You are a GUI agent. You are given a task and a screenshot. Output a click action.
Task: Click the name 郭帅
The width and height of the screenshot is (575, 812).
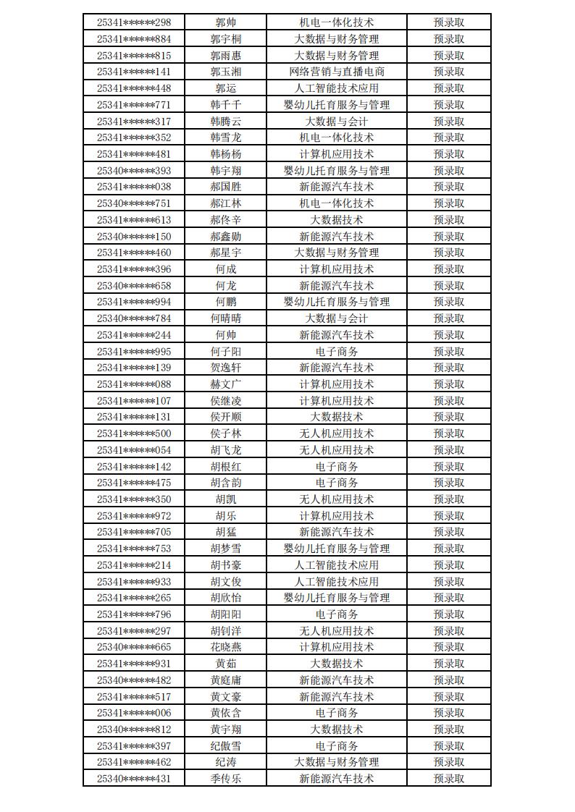[x=225, y=22]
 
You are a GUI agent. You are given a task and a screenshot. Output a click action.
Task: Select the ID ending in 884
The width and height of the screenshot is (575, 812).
[x=134, y=39]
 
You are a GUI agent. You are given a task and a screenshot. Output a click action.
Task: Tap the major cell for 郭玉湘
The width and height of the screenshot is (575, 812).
[x=336, y=72]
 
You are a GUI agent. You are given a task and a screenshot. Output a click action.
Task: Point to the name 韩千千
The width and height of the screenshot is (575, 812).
[x=225, y=105]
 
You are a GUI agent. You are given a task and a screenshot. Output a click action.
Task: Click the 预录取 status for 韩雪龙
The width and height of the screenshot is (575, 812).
[x=448, y=138]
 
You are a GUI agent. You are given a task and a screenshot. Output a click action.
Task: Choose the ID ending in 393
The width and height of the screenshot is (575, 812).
[x=134, y=171]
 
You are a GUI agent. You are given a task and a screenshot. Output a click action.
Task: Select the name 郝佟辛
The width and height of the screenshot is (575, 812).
[x=225, y=220]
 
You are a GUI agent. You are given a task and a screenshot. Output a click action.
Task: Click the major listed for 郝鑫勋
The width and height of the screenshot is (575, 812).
[x=336, y=237]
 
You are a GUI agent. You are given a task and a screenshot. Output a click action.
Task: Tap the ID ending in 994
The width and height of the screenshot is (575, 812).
[x=134, y=302]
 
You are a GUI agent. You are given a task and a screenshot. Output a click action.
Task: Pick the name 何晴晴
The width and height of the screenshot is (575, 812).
[x=225, y=318]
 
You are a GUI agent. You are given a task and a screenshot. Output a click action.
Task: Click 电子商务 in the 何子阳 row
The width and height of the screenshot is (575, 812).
[x=336, y=352]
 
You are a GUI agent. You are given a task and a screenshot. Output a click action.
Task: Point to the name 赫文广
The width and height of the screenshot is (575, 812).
[x=225, y=384]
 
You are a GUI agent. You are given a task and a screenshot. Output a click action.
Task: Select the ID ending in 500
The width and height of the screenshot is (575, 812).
[x=134, y=434]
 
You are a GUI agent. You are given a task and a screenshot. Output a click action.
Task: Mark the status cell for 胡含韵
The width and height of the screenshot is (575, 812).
[x=448, y=483]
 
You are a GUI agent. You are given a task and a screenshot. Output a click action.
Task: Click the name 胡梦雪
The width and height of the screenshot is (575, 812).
[x=225, y=549]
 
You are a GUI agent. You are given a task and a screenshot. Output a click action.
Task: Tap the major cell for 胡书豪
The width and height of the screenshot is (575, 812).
[x=336, y=565]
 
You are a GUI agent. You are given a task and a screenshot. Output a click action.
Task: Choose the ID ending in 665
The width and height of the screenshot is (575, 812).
[x=134, y=647]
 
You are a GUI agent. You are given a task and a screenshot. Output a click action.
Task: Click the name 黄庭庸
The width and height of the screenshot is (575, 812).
[x=225, y=680]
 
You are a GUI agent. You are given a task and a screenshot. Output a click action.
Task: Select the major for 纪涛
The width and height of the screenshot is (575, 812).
[x=336, y=762]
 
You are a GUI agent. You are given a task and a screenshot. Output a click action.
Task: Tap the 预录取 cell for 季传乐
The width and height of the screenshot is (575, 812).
[x=448, y=779]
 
